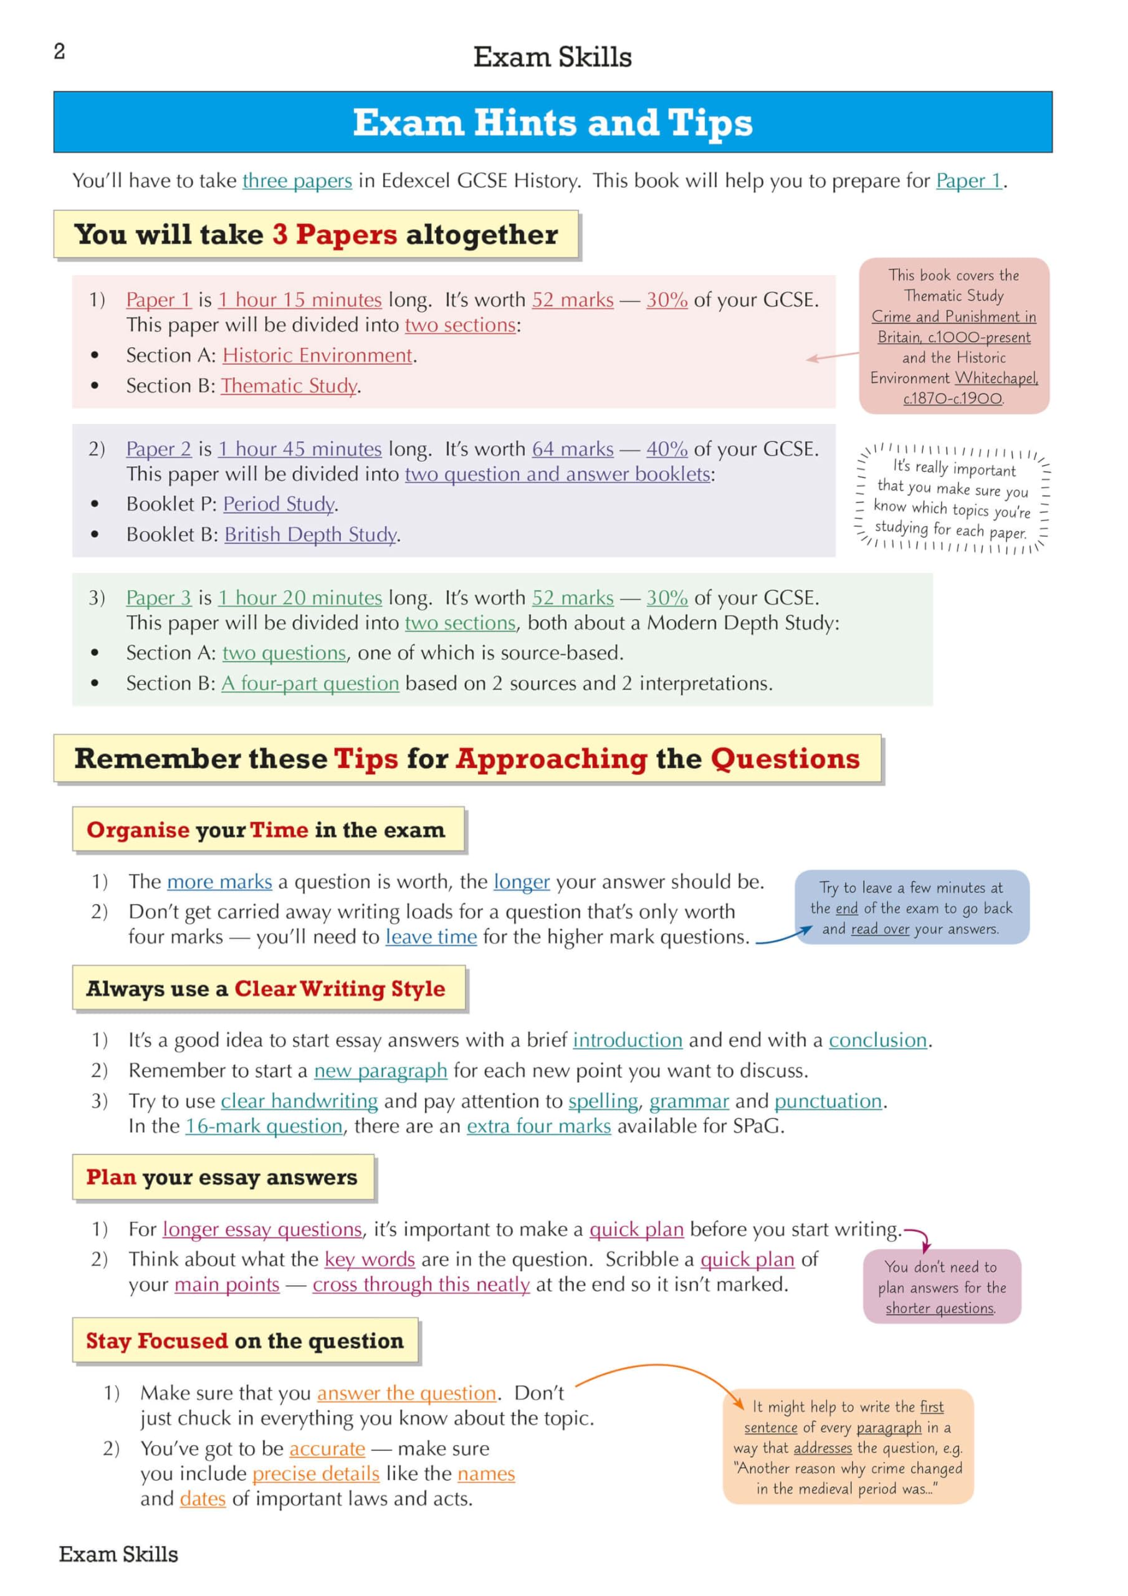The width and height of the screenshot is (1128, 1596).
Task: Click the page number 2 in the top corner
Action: click(x=60, y=52)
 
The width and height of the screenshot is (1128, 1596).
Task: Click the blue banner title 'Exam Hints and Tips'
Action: click(x=553, y=122)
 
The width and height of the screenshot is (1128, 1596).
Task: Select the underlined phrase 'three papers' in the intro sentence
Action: click(x=297, y=181)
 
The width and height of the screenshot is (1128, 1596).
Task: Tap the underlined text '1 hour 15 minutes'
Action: click(x=300, y=300)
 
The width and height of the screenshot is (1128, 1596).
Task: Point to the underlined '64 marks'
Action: click(x=573, y=449)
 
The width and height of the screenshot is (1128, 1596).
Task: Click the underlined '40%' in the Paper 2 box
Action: click(x=666, y=449)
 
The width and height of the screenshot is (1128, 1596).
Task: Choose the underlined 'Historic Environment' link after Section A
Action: click(x=318, y=355)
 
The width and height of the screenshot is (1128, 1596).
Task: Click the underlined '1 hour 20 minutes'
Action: click(x=300, y=598)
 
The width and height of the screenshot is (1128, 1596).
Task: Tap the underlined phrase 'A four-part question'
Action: click(x=310, y=683)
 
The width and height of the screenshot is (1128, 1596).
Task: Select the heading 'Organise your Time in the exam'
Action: click(x=266, y=830)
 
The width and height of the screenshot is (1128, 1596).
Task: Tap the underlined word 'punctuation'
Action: click(x=828, y=1101)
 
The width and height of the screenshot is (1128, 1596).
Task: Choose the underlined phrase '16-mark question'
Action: click(x=264, y=1126)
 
